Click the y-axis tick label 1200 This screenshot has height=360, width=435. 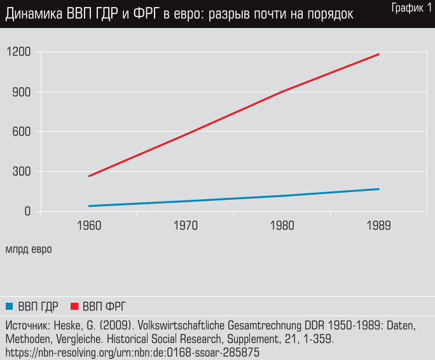click(x=18, y=52)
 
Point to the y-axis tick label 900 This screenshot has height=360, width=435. click(x=22, y=92)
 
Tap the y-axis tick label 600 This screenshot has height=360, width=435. click(x=22, y=132)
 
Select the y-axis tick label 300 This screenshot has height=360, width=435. click(x=22, y=172)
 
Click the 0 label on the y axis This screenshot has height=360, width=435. click(x=28, y=211)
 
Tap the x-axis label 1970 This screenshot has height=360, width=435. click(x=186, y=226)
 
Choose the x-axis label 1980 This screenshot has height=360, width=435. click(x=282, y=226)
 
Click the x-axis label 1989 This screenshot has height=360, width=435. click(x=379, y=226)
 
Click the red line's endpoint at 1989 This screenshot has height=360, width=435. click(x=379, y=54)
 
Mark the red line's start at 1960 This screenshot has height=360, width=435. click(x=89, y=176)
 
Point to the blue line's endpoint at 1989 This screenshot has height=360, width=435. click(x=379, y=189)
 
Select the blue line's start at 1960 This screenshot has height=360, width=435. click(x=89, y=206)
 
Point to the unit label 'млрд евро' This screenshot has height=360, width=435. click(x=29, y=249)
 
